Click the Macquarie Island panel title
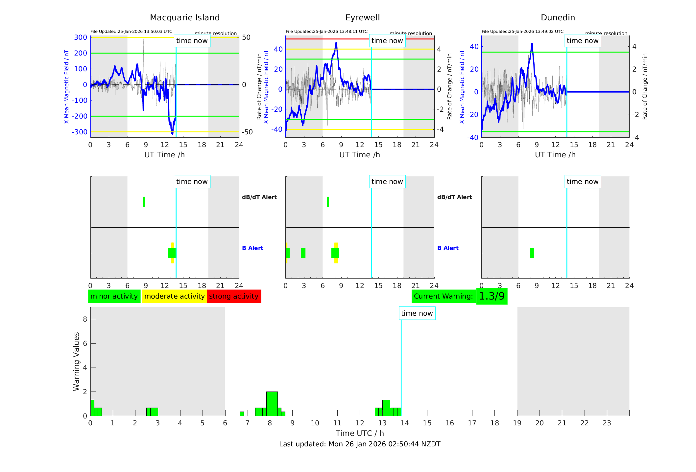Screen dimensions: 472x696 [185, 18]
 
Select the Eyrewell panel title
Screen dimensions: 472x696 [362, 18]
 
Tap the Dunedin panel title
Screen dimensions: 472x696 [558, 18]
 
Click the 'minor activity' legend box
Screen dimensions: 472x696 [114, 296]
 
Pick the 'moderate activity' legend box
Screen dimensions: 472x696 [174, 296]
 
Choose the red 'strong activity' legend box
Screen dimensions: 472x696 [234, 296]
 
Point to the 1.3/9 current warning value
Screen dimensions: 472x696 [492, 296]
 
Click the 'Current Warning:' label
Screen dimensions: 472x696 [443, 296]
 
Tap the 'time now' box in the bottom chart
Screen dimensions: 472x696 [417, 313]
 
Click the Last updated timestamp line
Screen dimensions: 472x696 [360, 444]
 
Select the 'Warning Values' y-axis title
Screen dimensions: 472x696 [76, 361]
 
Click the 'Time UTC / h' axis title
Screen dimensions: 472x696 [360, 433]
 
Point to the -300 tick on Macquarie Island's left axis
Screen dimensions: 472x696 [80, 132]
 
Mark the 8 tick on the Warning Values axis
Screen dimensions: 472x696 [85, 319]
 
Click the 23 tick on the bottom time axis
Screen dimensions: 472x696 [607, 423]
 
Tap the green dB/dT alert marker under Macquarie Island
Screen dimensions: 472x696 [144, 202]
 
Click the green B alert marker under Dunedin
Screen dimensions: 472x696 [532, 253]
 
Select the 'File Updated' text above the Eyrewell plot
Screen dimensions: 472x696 [326, 32]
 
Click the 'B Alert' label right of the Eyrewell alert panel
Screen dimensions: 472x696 [448, 248]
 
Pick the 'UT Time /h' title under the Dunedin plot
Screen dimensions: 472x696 [555, 155]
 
